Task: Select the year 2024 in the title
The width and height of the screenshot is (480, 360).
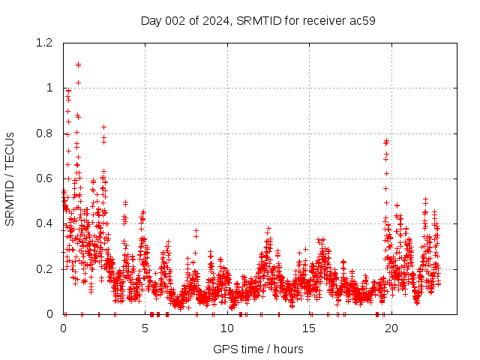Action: (x=215, y=20)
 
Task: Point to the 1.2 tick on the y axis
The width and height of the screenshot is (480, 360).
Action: (x=46, y=43)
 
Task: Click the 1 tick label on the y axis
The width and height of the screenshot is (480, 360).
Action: (x=50, y=88)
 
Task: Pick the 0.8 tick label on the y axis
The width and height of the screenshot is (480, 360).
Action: (x=46, y=133)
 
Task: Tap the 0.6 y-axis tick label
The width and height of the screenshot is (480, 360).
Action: (x=46, y=178)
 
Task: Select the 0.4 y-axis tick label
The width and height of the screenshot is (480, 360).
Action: (x=46, y=223)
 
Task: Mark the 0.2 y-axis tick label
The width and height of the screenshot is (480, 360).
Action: (x=46, y=269)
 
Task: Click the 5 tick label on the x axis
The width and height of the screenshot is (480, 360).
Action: (x=145, y=328)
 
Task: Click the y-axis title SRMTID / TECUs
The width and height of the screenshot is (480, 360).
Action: (x=10, y=178)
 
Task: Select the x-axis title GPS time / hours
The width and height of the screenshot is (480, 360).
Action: (x=258, y=349)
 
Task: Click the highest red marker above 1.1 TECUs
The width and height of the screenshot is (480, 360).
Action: (x=78, y=64)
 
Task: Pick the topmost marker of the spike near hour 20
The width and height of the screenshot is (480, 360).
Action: (x=386, y=140)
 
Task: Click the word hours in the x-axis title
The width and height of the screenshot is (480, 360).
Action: (x=288, y=349)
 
